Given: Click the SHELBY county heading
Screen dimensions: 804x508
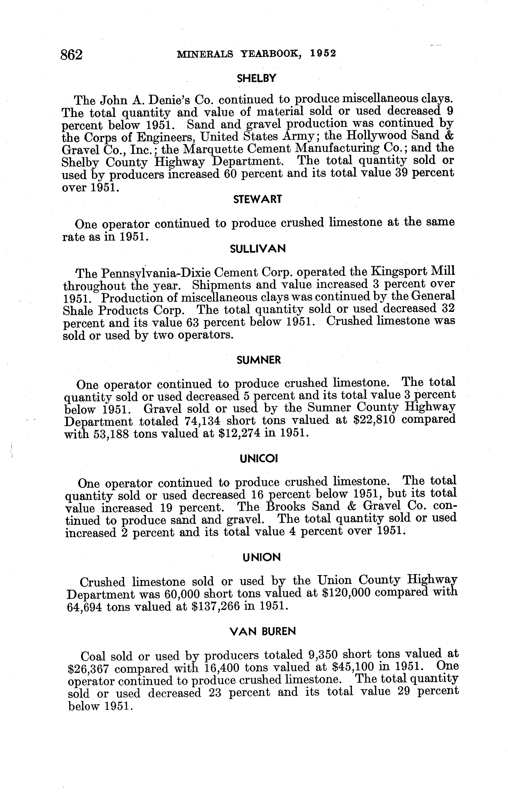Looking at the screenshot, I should pyautogui.click(x=256, y=78).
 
